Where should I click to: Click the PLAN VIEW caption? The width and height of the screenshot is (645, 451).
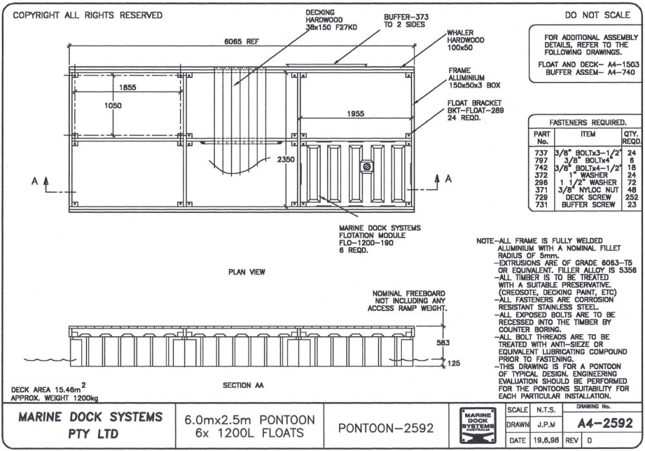[x=246, y=272]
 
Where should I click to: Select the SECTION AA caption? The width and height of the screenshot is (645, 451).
[x=243, y=386]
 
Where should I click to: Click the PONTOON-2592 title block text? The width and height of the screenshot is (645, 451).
[x=385, y=427]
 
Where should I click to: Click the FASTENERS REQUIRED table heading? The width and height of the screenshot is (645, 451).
[x=587, y=122]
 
